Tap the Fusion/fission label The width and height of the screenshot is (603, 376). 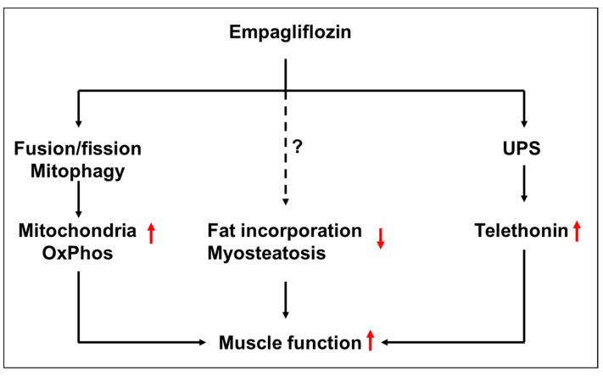coord(77,149)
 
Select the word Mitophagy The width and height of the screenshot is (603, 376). coord(77,172)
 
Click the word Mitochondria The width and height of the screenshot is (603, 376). coord(77,230)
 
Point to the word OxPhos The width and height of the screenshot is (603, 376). coord(77,254)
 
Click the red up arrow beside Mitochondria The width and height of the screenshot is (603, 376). coord(152,234)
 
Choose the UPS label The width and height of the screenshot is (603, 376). coord(525,149)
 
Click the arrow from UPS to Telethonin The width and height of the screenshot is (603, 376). coord(525,186)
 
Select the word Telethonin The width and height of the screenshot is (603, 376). coord(519,231)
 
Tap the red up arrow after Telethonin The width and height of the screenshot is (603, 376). coord(575,231)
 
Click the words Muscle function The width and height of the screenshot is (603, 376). coord(289,343)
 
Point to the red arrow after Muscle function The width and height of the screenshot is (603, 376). coord(370,342)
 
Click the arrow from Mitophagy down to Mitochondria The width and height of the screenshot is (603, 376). coord(77,200)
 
